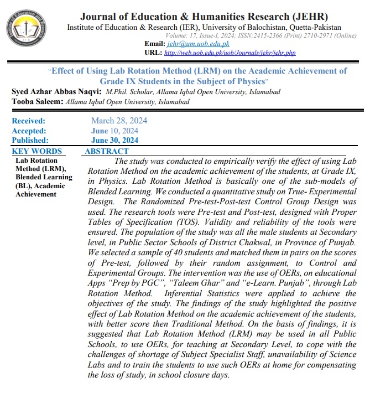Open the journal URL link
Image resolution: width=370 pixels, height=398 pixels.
point(230,53)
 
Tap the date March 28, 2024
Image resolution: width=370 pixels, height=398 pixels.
point(119,121)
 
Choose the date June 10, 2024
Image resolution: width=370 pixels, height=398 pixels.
point(115,131)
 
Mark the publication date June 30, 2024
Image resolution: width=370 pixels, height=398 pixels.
point(115,141)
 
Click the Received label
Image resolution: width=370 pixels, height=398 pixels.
point(29,121)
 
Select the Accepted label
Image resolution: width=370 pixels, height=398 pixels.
point(29,131)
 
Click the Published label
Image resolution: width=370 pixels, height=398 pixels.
point(30,141)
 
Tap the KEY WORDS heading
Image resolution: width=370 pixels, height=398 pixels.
point(37,151)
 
